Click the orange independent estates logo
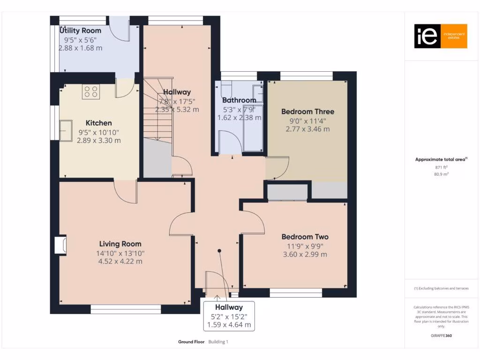pos(441,36)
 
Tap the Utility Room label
pos(80,31)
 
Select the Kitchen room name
pos(98,123)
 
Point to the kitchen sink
pos(66,130)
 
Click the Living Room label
pos(120,244)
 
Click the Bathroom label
pos(239,100)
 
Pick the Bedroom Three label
pos(307,112)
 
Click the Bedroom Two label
pos(305,237)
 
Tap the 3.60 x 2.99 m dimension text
pos(305,255)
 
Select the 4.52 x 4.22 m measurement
pos(120,261)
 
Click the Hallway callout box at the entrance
pos(229,315)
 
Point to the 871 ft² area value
pos(438,167)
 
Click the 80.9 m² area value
pos(438,174)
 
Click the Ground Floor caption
pos(191,342)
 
